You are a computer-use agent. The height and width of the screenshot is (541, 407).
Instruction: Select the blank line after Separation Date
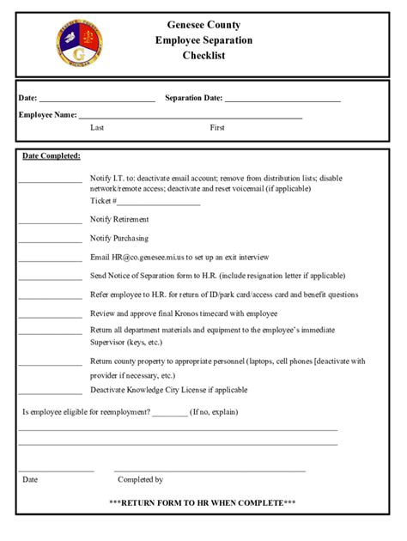(x=282, y=100)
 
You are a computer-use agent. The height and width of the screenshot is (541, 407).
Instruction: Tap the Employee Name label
(x=47, y=114)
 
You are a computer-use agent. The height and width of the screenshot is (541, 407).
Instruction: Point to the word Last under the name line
(x=97, y=127)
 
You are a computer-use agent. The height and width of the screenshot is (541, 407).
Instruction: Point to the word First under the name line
(x=217, y=127)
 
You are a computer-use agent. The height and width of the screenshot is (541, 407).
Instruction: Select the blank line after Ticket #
(x=159, y=204)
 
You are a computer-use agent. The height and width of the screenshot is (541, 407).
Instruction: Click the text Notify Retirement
(x=119, y=220)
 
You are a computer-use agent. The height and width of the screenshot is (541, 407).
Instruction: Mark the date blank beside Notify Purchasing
(x=50, y=241)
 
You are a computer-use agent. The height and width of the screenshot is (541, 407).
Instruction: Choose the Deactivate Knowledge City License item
(x=168, y=389)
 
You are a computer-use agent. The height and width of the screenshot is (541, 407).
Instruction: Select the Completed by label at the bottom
(x=140, y=480)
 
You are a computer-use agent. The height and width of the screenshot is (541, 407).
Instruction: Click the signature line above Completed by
(x=210, y=470)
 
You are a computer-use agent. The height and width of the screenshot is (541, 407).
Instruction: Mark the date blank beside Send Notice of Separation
(x=50, y=279)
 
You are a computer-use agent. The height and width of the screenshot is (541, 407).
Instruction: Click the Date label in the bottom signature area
(x=30, y=480)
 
